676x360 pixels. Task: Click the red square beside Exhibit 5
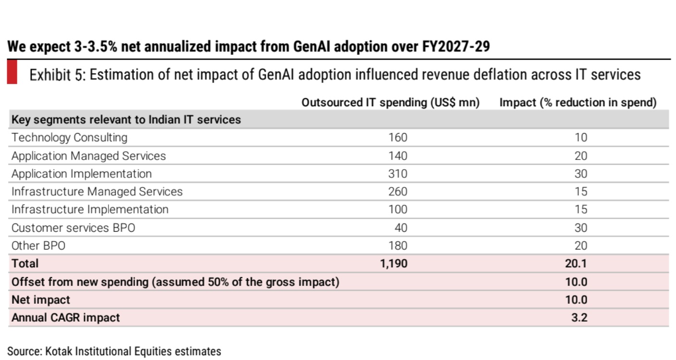pyautogui.click(x=12, y=73)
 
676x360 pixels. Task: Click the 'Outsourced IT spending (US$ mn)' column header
pyautogui.click(x=390, y=102)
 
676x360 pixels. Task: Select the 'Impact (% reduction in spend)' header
pyautogui.click(x=578, y=102)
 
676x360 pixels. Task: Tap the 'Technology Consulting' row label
pyautogui.click(x=69, y=137)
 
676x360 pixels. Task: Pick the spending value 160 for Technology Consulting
pyautogui.click(x=397, y=137)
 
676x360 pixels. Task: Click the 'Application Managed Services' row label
pyautogui.click(x=88, y=156)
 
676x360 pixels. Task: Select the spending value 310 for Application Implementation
pyautogui.click(x=397, y=174)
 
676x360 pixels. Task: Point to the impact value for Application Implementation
pyautogui.click(x=580, y=174)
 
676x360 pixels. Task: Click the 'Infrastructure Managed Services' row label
pyautogui.click(x=97, y=191)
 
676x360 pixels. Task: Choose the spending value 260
pyautogui.click(x=397, y=191)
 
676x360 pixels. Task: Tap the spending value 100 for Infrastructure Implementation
pyautogui.click(x=397, y=210)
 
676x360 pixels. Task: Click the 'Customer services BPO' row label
pyautogui.click(x=73, y=227)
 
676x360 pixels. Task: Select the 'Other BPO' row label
pyautogui.click(x=38, y=246)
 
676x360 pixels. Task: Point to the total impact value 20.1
pyautogui.click(x=576, y=263)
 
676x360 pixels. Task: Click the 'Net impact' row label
pyautogui.click(x=40, y=299)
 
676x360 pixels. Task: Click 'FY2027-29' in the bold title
pyautogui.click(x=456, y=47)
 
